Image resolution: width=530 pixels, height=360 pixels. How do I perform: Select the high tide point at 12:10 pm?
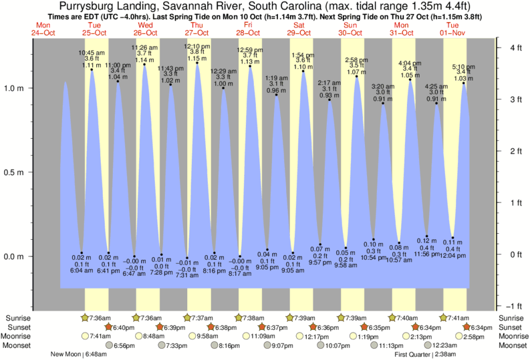pyautogui.click(x=196, y=63)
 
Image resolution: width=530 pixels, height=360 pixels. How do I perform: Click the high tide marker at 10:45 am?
pyautogui.click(x=92, y=69)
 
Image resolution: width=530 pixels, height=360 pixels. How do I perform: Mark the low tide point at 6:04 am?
pyautogui.click(x=82, y=252)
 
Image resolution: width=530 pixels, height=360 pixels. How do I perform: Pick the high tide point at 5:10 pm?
pyautogui.click(x=463, y=83)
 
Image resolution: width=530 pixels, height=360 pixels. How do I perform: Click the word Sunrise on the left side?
pyautogui.click(x=17, y=317)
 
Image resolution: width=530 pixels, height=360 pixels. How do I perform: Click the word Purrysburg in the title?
pyautogui.click(x=94, y=6)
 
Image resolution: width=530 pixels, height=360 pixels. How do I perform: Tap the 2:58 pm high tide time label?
pyautogui.click(x=356, y=59)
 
